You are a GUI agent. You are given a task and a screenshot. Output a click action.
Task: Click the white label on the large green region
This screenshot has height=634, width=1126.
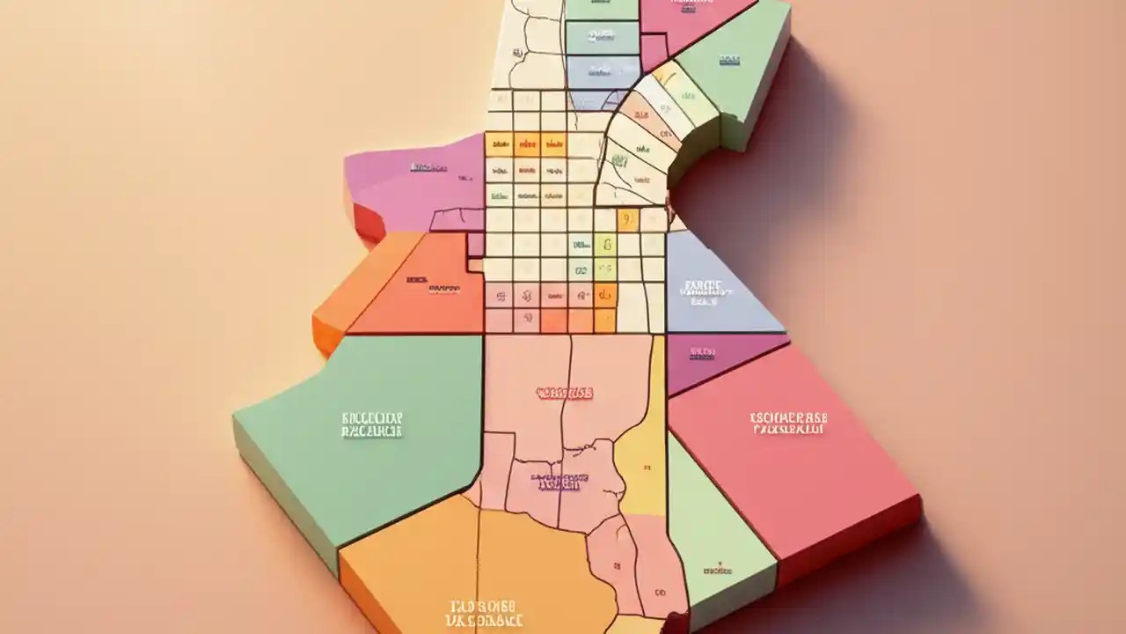(371, 424)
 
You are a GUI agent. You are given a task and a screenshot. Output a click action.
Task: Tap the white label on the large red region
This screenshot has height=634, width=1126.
(788, 424)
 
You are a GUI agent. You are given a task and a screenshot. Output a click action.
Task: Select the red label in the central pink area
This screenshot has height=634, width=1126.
(564, 393)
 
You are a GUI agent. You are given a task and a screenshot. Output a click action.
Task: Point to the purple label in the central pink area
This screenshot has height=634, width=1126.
(556, 482)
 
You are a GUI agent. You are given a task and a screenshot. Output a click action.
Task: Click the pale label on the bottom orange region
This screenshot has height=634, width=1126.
(483, 611)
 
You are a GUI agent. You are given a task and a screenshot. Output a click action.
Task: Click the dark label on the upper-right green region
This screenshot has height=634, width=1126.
(729, 60)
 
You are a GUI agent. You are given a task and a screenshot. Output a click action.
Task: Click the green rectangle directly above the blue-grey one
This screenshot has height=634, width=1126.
(602, 37)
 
